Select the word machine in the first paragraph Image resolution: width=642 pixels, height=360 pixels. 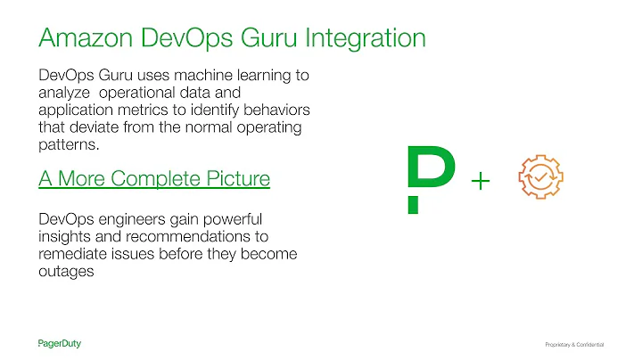[x=212, y=77]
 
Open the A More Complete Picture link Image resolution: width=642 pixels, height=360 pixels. [x=154, y=178]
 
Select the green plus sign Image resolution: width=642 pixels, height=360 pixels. [x=480, y=181]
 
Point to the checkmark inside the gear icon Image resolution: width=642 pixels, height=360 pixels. [x=541, y=176]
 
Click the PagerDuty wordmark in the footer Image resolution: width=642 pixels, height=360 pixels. [x=66, y=343]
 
